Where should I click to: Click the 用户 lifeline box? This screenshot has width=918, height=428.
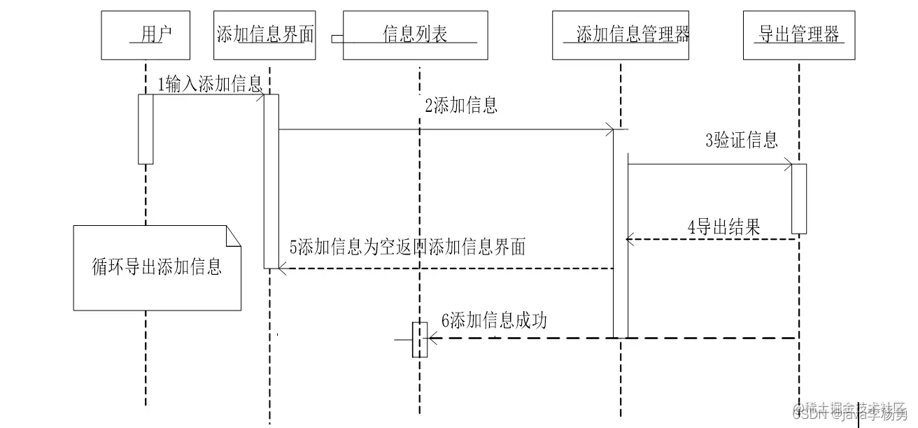146,35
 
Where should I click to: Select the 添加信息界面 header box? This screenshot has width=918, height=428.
265,35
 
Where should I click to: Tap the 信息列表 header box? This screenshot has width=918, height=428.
416,35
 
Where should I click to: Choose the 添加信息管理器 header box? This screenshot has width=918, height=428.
621,35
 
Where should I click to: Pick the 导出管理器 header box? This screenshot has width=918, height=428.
798,35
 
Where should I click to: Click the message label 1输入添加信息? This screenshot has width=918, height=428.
209,85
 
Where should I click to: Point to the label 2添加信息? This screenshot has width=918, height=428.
461,106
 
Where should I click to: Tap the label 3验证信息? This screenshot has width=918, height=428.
741,140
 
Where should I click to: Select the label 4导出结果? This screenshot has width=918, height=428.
723,227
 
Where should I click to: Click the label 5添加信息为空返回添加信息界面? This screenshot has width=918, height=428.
407,247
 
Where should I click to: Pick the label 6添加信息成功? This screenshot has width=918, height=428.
494,321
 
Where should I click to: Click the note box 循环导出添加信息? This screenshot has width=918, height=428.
157,268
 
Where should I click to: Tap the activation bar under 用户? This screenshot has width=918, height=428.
146,129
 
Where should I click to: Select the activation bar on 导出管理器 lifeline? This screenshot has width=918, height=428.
799,199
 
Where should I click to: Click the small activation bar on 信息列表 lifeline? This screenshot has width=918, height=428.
419,339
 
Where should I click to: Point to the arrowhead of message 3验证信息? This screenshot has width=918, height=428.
789,165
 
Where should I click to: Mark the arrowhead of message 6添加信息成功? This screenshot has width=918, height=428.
432,338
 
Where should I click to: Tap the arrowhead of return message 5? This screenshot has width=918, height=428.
282,268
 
